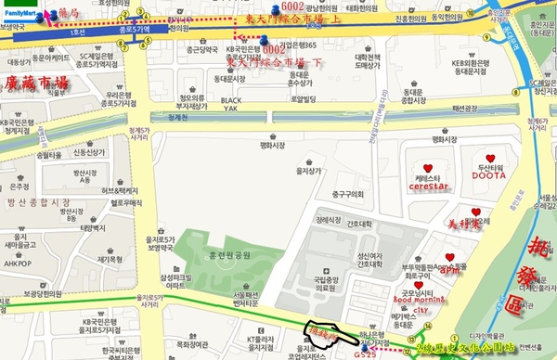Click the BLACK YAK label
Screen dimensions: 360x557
(x=231, y=104)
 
